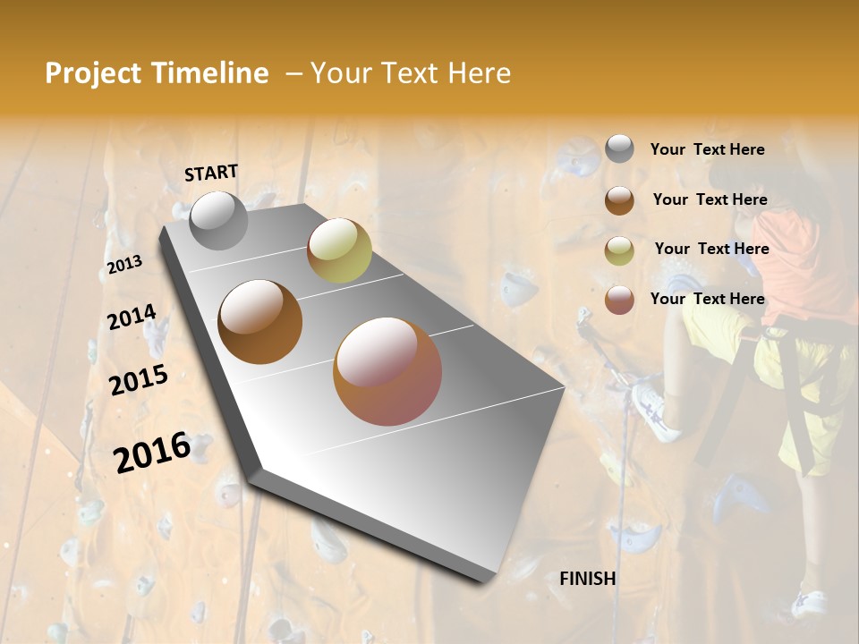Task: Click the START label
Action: point(211,172)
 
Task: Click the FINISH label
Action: point(587,579)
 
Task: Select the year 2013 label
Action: point(124,265)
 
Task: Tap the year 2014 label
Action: point(132,318)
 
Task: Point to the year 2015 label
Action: point(139,380)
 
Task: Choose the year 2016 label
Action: point(152,452)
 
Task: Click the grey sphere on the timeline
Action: point(219,220)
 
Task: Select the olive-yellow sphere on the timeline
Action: point(339,250)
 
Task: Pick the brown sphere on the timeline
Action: point(259,322)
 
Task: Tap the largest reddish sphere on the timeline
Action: point(387,371)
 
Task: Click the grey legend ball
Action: point(619,148)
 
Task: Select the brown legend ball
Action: point(619,199)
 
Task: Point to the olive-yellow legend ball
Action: point(619,250)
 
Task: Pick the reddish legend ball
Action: point(619,299)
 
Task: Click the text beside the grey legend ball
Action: point(707,149)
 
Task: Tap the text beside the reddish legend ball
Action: point(707,299)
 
